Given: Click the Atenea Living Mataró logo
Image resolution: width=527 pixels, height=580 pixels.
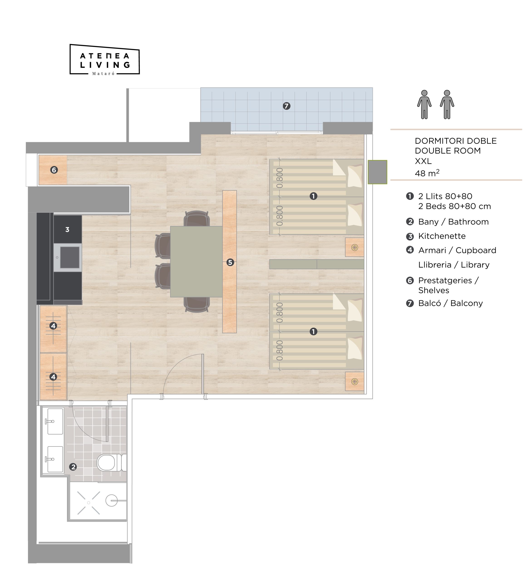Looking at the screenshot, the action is [x=105, y=59].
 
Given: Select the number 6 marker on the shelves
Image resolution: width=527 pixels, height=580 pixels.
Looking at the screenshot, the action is [x=54, y=170].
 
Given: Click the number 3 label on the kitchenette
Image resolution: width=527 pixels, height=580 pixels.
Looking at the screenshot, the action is [x=67, y=230].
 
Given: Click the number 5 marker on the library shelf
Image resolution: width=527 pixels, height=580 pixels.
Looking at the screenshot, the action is [x=230, y=262].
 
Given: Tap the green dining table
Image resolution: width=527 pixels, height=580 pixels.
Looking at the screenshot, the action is [x=196, y=261].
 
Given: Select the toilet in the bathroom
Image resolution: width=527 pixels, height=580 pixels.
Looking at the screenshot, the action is [x=111, y=463].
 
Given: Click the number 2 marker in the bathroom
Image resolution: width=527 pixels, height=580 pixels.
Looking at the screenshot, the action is [x=73, y=467].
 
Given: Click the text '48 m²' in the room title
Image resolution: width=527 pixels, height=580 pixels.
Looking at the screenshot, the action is [x=427, y=173].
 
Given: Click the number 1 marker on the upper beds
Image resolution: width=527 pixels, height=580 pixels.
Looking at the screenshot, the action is [x=313, y=196].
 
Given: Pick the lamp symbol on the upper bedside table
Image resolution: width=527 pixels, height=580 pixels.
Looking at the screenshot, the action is [x=355, y=247].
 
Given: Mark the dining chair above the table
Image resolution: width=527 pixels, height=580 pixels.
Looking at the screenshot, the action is [x=197, y=219].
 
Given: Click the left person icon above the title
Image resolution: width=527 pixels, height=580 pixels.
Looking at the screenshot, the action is [x=424, y=104].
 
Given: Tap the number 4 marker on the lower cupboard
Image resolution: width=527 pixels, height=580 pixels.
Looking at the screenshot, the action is [x=53, y=377].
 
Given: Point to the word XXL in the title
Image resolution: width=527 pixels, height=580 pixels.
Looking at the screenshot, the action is [x=423, y=161].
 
